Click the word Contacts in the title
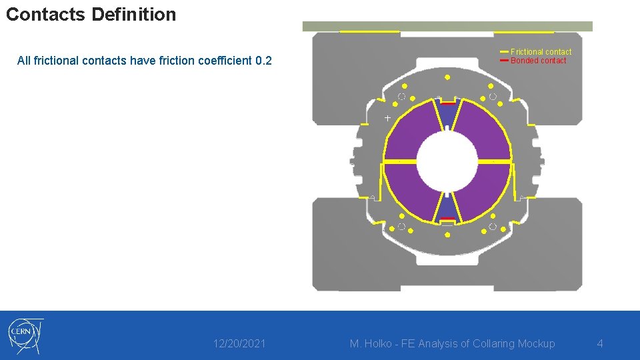click(x=45, y=14)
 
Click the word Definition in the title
click(x=134, y=14)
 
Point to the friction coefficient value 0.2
click(x=263, y=61)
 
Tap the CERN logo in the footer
click(x=26, y=336)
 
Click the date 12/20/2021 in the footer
click(x=239, y=344)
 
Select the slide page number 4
click(x=600, y=344)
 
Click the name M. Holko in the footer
click(x=371, y=344)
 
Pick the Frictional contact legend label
click(x=541, y=52)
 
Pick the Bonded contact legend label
click(x=539, y=61)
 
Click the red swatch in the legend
click(x=504, y=61)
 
